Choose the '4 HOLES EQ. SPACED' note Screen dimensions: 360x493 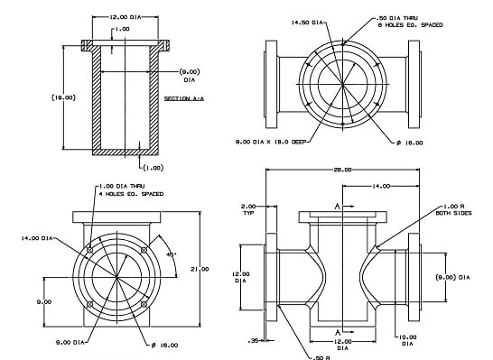(126, 192)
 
